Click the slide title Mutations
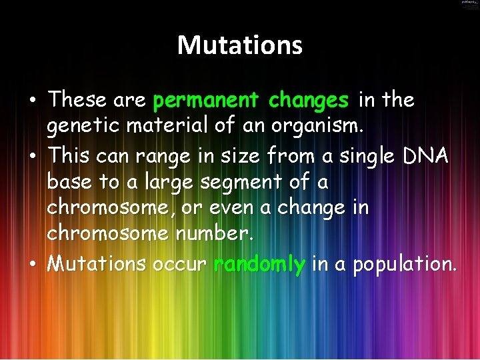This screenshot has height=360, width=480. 240,45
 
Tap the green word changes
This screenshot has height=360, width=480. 308,101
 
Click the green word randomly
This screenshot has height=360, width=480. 259,265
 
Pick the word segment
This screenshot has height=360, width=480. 239,183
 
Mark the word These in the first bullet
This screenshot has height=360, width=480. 77,101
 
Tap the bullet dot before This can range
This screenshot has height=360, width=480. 33,157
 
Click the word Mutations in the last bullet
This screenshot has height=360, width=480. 97,265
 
